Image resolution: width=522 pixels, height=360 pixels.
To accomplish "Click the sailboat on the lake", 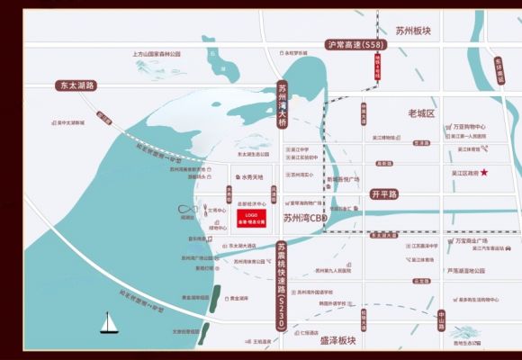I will click(108, 321).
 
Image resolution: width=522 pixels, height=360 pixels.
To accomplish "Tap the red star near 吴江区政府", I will click(484, 172).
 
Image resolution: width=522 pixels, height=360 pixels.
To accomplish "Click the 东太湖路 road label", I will click(76, 85).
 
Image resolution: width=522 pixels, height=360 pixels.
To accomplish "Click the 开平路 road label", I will click(384, 193).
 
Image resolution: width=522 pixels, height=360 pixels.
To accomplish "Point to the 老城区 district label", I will click(421, 114).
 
